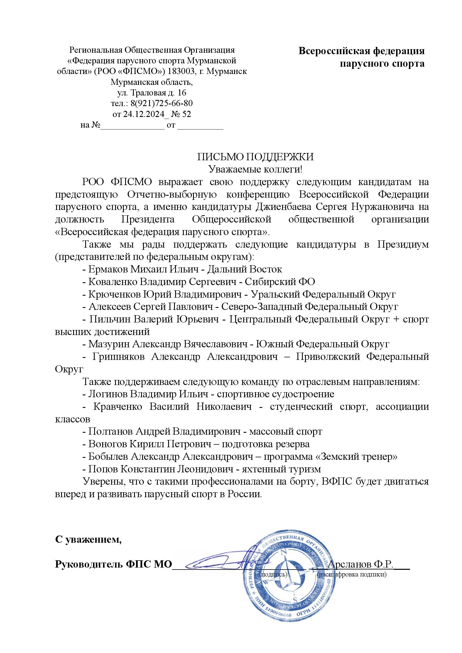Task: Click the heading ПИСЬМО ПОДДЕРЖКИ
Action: coord(256,157)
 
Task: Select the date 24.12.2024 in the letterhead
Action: coord(144,114)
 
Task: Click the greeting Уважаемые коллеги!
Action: coord(255,169)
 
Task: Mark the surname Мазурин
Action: coord(109,344)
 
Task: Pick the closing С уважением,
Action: coord(88,539)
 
